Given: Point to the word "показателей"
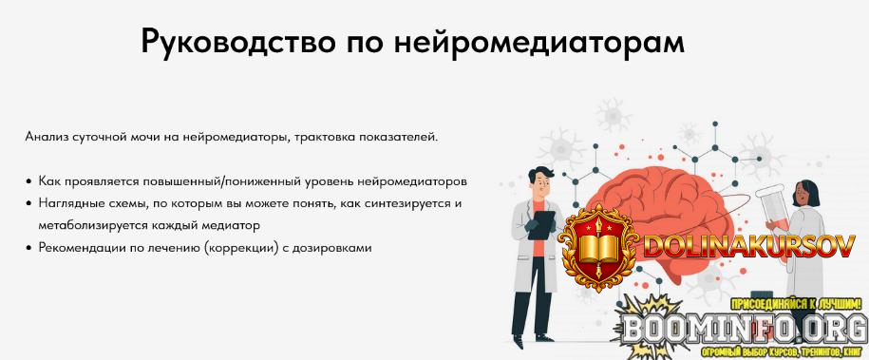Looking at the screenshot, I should tap(400, 137).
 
